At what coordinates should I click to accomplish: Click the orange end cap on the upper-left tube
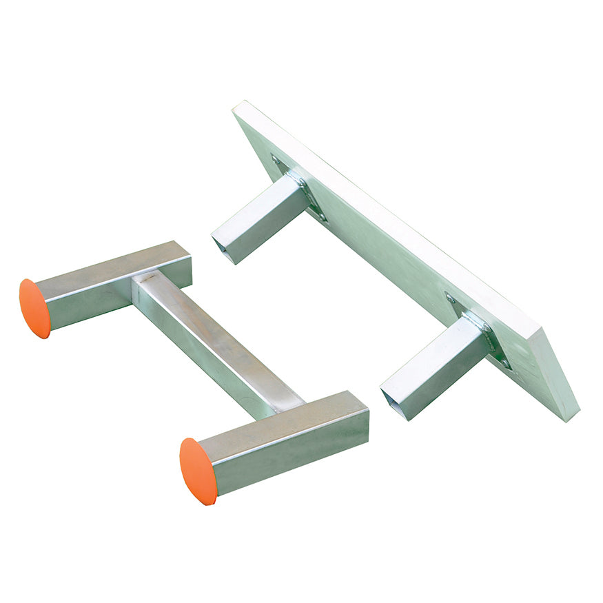(x=34, y=309)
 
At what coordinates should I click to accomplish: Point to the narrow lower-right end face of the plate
(x=560, y=376)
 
